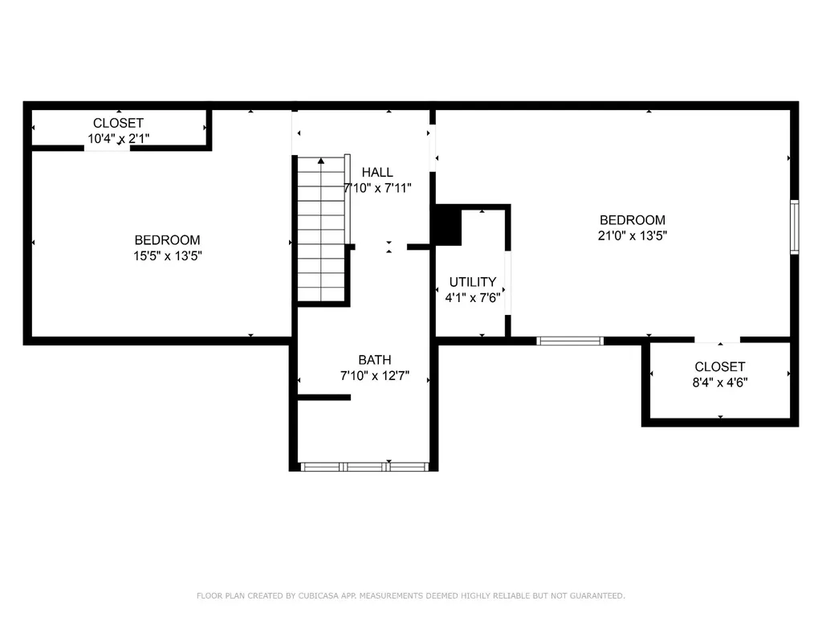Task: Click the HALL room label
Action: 377,172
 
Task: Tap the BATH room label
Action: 374,360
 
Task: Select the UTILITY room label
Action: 472,282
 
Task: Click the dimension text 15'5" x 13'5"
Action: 168,256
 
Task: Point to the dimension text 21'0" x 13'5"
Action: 633,235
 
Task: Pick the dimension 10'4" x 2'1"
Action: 119,138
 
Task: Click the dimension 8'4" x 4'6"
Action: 720,382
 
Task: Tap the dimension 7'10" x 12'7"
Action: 374,376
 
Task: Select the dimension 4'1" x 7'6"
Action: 472,298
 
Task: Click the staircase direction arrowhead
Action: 321,161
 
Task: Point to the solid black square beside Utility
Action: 446,226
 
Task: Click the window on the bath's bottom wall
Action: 364,467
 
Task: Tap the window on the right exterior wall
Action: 795,227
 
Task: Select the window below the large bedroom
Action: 570,341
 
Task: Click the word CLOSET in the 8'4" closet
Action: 720,366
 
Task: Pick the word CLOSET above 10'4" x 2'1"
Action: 118,123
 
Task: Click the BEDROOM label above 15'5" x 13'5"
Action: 167,240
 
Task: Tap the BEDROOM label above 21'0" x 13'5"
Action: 633,220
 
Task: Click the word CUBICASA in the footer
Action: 319,595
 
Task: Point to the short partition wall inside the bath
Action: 324,397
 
